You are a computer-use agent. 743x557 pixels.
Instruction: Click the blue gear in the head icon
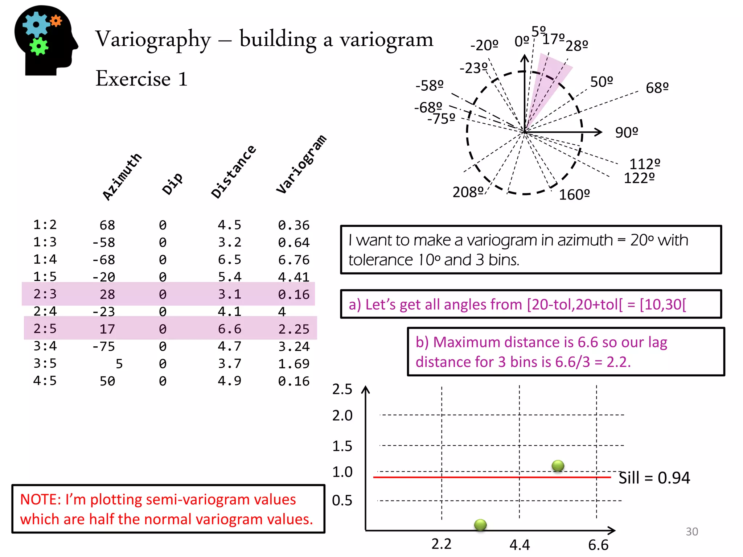click(x=36, y=24)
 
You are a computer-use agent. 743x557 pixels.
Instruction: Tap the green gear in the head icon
click(x=39, y=46)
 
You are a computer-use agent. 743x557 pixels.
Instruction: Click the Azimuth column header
click(x=122, y=176)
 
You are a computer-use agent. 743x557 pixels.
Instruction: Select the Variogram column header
click(x=301, y=164)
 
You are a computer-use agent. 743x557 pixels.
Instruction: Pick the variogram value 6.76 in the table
click(x=293, y=260)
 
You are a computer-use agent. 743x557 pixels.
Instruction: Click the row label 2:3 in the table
click(x=45, y=294)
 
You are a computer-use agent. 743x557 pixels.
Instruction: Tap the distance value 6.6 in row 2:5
click(x=229, y=329)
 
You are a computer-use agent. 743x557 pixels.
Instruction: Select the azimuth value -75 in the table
click(x=103, y=346)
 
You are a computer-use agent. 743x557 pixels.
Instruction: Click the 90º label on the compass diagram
click(x=627, y=133)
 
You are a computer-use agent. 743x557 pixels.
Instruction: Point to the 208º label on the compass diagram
click(x=468, y=192)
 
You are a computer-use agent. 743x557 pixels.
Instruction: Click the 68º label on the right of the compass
click(x=657, y=88)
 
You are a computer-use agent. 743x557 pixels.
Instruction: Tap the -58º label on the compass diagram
click(x=430, y=86)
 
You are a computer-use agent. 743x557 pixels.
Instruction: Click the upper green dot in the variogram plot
click(x=558, y=465)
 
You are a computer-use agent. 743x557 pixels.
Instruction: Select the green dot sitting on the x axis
click(x=480, y=524)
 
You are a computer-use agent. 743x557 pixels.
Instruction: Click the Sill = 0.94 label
click(x=654, y=478)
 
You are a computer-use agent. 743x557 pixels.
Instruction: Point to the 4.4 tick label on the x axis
click(x=520, y=545)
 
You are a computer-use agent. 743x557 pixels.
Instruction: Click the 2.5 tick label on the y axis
click(x=342, y=389)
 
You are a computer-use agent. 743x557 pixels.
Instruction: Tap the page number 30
click(x=691, y=532)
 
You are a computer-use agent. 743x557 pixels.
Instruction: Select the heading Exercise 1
click(x=141, y=79)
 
